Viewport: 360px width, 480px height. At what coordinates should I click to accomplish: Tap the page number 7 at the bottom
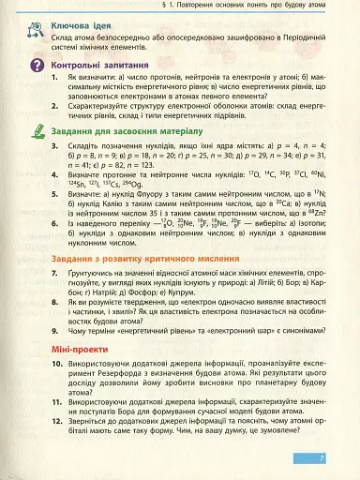321,458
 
